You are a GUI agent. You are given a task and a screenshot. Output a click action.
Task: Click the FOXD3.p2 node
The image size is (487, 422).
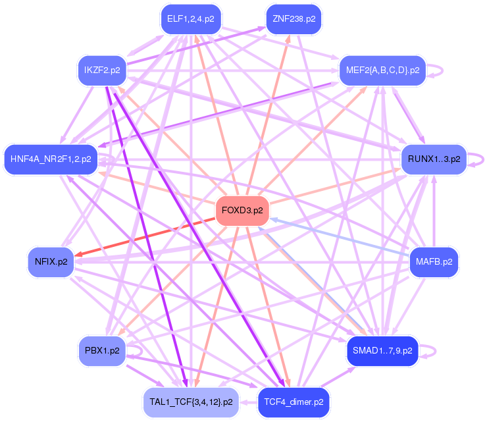[x=242, y=211]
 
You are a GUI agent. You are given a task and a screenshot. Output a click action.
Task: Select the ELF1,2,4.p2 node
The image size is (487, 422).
[x=191, y=18]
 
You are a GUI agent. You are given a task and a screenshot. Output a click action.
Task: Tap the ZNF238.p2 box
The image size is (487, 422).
[x=294, y=18]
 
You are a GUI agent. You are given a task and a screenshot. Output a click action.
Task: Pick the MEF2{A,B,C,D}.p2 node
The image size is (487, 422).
[x=382, y=70]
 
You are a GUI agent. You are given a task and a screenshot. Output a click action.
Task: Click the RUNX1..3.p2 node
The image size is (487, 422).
[x=434, y=159]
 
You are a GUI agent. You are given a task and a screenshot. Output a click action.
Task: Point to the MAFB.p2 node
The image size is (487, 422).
[x=434, y=262]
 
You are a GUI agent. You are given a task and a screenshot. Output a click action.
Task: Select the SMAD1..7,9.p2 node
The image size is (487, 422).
[x=382, y=350]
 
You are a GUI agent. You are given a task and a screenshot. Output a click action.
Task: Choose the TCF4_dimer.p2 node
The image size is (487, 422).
[x=294, y=401]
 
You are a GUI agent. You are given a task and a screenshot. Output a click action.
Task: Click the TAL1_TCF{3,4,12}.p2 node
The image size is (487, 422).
[x=191, y=401]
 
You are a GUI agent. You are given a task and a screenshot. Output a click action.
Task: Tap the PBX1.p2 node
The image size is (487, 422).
[x=102, y=350]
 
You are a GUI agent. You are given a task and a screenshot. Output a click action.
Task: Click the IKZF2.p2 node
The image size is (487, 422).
[x=102, y=70]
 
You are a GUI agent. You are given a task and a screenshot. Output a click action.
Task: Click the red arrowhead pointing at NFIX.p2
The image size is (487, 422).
[x=79, y=254]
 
